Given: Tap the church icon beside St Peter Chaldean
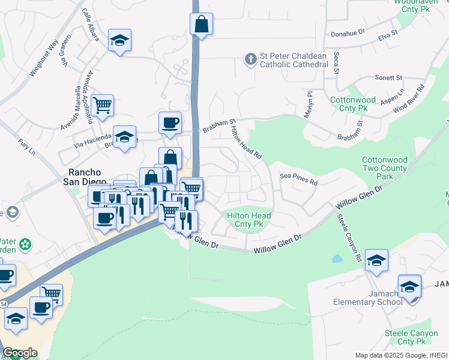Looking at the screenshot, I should point(250,59).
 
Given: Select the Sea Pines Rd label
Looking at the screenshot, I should point(298,177).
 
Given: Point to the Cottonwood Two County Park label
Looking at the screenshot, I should point(384,169).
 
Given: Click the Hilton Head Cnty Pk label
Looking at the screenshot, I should point(249,220).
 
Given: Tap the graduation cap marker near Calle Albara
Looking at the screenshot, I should point(120,41).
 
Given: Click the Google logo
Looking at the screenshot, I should point(20,353).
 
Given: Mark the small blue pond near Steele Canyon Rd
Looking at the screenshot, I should point(337,259).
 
